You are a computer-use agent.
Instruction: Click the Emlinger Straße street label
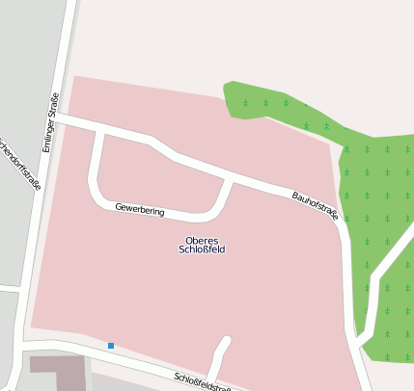click(x=51, y=122)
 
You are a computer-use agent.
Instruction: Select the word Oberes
click(x=202, y=240)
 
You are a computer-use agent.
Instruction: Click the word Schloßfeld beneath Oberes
click(x=202, y=249)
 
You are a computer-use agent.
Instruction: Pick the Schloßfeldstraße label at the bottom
click(x=203, y=382)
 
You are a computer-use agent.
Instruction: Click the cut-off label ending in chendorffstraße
click(x=20, y=164)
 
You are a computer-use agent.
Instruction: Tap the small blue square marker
click(x=111, y=346)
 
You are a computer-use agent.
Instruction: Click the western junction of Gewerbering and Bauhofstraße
click(x=99, y=131)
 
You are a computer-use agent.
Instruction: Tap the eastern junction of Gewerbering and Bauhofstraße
click(x=230, y=179)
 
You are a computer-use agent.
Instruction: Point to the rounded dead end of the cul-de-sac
click(x=227, y=341)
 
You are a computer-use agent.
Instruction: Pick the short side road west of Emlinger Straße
click(x=10, y=288)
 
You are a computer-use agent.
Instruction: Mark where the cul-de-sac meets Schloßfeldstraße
click(x=213, y=378)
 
